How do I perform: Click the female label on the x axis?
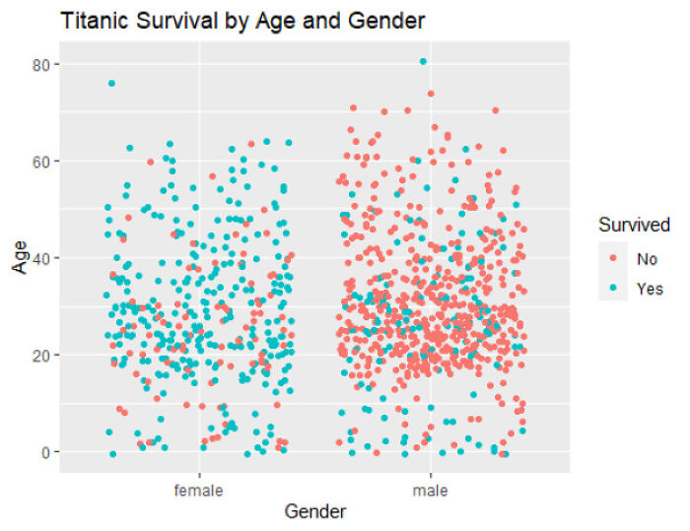pos(198,489)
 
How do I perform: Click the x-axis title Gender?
pos(314,511)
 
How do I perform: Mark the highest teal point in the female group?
pos(111,84)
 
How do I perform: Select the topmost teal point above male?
pos(423,61)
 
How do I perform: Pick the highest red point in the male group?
pos(431,95)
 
